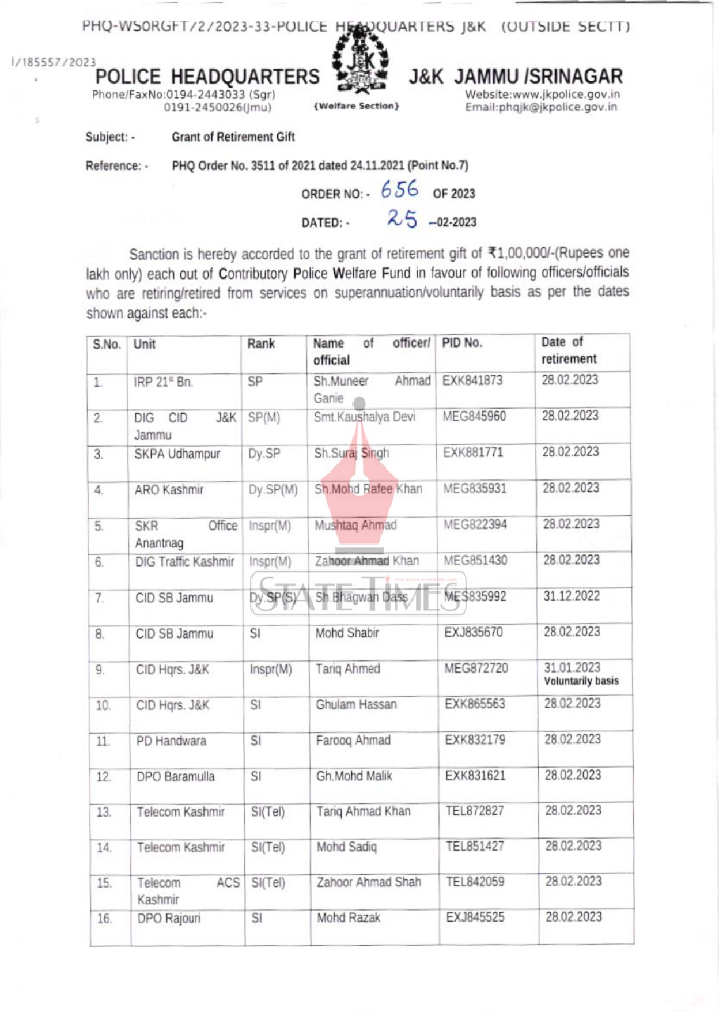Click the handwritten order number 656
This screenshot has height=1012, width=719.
click(x=399, y=189)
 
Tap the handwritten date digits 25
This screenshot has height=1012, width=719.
click(x=402, y=218)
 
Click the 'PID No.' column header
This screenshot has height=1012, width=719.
click(x=462, y=343)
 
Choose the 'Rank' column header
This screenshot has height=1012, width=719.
click(x=261, y=344)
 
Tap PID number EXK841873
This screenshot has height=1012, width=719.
click(x=472, y=381)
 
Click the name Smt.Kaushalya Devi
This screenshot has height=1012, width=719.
click(x=364, y=417)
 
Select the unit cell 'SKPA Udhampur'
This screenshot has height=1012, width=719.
click(x=177, y=454)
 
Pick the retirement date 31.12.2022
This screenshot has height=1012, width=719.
click(x=571, y=596)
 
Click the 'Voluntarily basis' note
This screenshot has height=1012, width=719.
click(x=581, y=681)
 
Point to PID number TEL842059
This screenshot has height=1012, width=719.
click(x=475, y=882)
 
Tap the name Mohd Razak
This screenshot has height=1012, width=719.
click(x=349, y=918)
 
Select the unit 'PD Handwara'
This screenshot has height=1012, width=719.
click(x=171, y=741)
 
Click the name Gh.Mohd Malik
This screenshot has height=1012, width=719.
click(x=354, y=776)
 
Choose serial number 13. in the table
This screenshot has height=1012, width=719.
click(x=104, y=813)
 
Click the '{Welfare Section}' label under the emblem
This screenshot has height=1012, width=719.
click(x=356, y=106)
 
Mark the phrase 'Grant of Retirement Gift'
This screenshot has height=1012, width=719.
click(x=233, y=137)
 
